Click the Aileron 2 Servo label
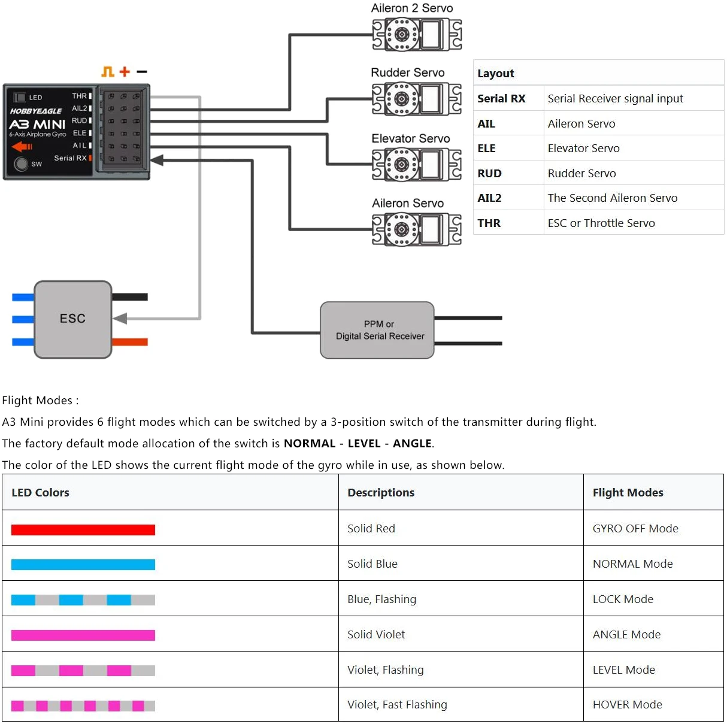coord(411,8)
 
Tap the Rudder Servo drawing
coord(417,99)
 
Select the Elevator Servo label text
coord(410,138)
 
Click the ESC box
coord(73,319)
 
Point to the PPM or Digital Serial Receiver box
coord(377,330)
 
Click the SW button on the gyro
coord(21,163)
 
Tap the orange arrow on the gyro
coord(22,146)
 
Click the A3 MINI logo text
coord(37,125)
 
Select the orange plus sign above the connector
coord(125,71)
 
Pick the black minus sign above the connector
coord(142,71)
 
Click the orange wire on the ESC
coord(130,342)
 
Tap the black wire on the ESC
coord(130,297)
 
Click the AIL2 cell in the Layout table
coord(489,198)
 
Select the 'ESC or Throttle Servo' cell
coord(601,223)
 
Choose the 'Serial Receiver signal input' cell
coord(615,98)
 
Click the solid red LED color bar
coord(83,530)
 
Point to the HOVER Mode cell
coord(627,704)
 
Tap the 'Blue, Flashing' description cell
coord(382,599)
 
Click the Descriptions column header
coord(381,492)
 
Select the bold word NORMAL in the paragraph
coord(310,443)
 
